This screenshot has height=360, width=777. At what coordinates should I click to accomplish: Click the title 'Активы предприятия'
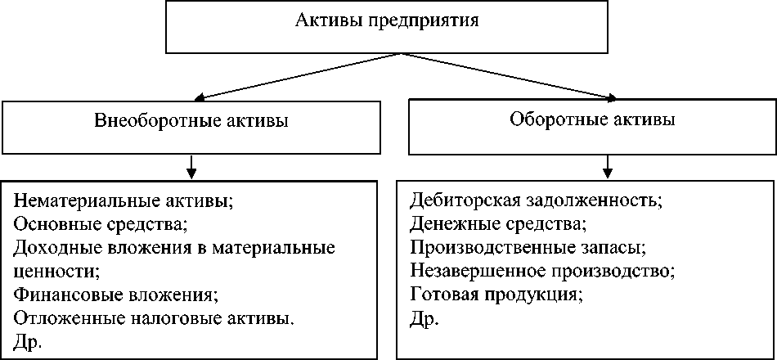[x=387, y=21]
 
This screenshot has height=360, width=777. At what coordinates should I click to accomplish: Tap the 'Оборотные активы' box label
[x=592, y=120]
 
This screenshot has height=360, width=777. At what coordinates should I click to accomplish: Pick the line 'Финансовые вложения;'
[x=117, y=292]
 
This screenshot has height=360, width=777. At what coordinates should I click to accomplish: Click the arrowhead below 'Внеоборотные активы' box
[x=191, y=173]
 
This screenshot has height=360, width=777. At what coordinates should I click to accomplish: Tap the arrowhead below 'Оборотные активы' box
[x=606, y=172]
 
